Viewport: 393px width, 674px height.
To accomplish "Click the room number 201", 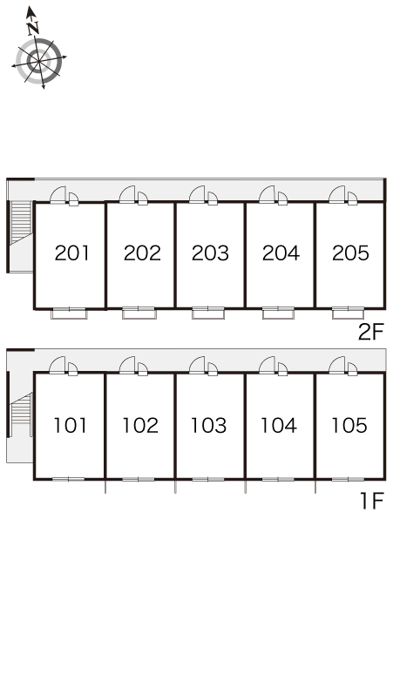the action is [x=72, y=253].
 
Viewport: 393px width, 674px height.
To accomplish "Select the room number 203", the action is [x=210, y=253].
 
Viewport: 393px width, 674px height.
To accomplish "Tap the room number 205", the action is [x=350, y=253].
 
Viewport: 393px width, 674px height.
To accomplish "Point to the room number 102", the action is [x=140, y=426].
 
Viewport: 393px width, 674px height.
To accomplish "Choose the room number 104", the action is [x=279, y=426].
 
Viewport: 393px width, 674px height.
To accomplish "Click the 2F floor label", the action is [x=370, y=332].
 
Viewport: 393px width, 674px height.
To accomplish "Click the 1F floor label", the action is [x=371, y=501].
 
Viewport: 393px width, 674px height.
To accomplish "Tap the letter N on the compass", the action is [x=33, y=29].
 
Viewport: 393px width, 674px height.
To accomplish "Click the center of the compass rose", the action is [x=39, y=61].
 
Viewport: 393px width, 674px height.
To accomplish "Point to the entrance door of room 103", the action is [x=197, y=365].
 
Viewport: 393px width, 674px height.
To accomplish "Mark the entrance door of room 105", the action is [x=337, y=365].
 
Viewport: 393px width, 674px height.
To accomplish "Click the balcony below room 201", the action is [x=69, y=313].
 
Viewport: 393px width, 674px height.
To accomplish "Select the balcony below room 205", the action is [x=349, y=313].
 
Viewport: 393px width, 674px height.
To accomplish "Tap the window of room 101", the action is [x=69, y=479].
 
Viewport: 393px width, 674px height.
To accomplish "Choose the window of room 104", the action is [x=278, y=479].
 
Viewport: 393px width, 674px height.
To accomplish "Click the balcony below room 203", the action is [x=208, y=313].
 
